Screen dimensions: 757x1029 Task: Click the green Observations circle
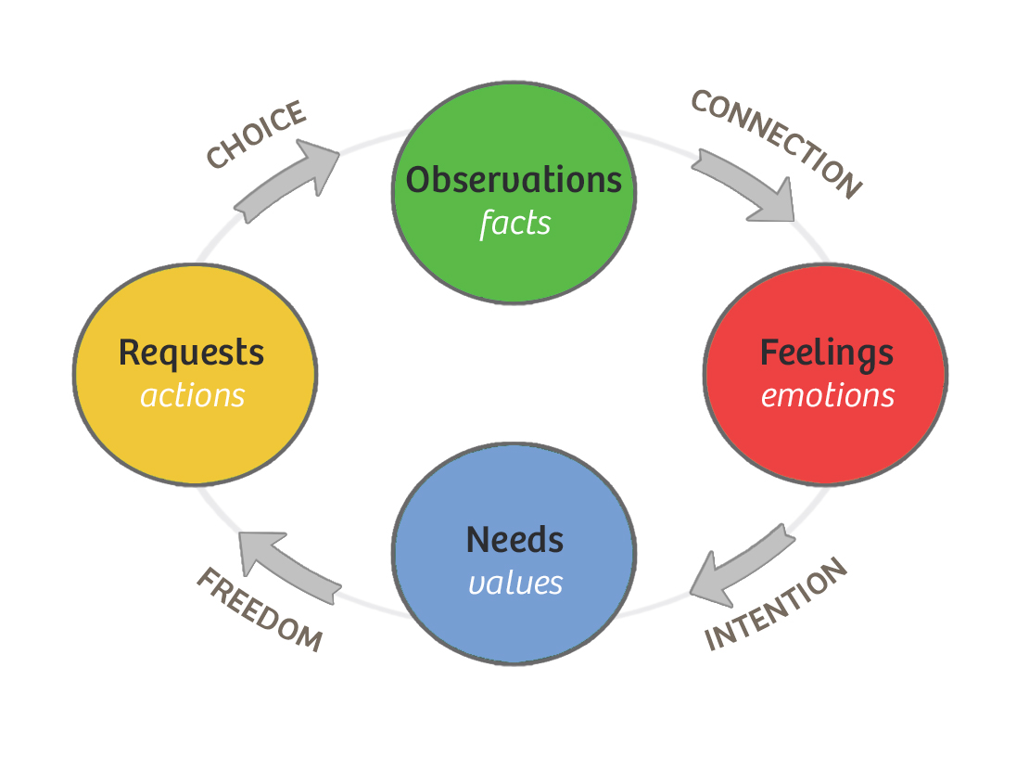(x=514, y=260)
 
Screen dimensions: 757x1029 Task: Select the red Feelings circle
(x=825, y=436)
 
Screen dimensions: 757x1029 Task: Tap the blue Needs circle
(x=514, y=622)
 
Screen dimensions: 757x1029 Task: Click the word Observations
(x=514, y=179)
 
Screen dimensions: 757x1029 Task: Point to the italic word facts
(x=514, y=224)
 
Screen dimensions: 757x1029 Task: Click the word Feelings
(x=827, y=353)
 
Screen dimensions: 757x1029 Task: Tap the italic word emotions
(x=828, y=396)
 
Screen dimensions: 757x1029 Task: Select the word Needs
(x=514, y=540)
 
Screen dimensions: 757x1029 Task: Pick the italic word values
(x=514, y=584)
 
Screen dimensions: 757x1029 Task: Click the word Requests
(x=192, y=353)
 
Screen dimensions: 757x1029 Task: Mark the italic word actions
(x=192, y=396)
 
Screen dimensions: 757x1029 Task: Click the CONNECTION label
(x=777, y=143)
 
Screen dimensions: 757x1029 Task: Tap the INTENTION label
(x=777, y=605)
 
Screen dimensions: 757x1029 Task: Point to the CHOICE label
(x=256, y=135)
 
